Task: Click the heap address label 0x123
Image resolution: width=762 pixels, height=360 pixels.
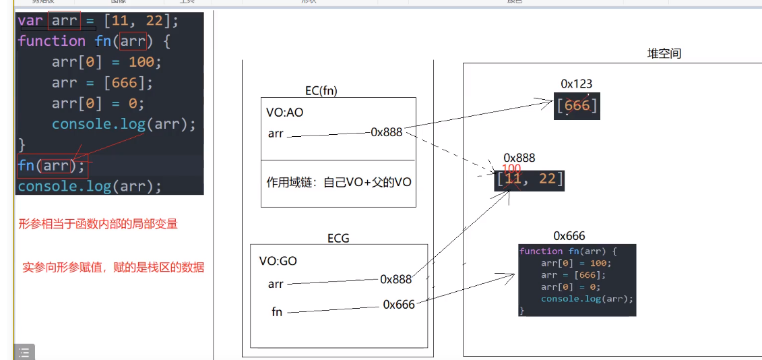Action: pos(576,84)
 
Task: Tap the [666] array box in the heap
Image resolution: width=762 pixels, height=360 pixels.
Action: pos(576,105)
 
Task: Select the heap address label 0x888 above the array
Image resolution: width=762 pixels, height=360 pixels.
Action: pos(519,158)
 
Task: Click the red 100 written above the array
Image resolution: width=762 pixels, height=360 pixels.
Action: pos(511,169)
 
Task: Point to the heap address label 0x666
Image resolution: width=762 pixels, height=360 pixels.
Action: pos(569,236)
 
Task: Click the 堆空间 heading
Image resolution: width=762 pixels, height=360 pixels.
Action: pos(664,53)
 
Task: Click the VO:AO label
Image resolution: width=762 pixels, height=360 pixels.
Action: pos(286,113)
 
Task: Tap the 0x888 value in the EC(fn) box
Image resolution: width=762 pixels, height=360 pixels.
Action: pos(386,132)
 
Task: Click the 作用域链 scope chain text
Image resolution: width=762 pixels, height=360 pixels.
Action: pos(339,181)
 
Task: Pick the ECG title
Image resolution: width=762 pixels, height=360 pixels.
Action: pos(338,238)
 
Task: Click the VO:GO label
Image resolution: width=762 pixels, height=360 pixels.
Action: pos(278,261)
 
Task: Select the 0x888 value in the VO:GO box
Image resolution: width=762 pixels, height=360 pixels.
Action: pos(395,279)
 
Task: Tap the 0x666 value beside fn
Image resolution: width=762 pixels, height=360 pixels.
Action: pos(399,305)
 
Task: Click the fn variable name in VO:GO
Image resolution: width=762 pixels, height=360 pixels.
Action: pos(277,312)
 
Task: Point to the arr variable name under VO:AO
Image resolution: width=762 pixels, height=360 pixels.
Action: pos(276,133)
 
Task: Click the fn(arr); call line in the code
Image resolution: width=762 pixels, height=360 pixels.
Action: pos(52,165)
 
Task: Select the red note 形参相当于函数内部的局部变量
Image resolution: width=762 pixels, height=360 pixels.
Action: pos(98,224)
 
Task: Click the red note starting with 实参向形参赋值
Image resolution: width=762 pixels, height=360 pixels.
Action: pos(113,268)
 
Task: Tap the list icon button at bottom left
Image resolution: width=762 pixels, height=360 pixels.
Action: pos(24,352)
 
